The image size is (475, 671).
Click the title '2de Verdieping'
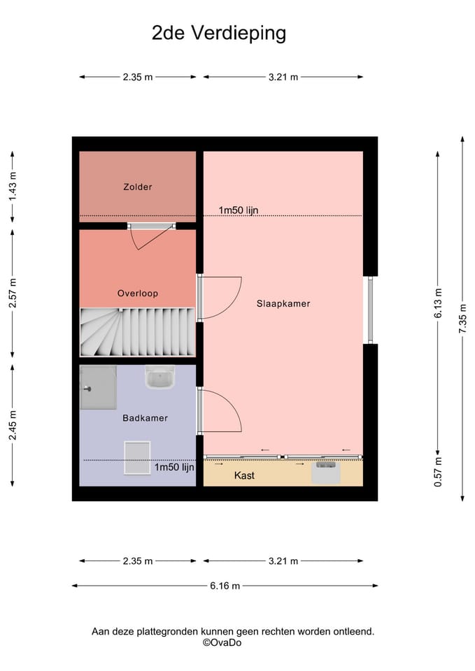pyautogui.click(x=219, y=34)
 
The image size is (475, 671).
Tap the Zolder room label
pyautogui.click(x=138, y=187)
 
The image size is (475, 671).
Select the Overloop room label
pyautogui.click(x=138, y=293)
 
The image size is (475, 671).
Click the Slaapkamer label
pyautogui.click(x=283, y=303)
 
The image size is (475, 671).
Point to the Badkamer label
pyautogui.click(x=146, y=418)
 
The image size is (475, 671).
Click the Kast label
pyautogui.click(x=244, y=475)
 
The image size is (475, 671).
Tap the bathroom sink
pyautogui.click(x=159, y=377)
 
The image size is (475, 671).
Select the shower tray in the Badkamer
pyautogui.click(x=98, y=387)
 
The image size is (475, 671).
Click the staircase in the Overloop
pyautogui.click(x=138, y=331)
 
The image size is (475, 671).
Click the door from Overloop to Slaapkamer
pyautogui.click(x=219, y=298)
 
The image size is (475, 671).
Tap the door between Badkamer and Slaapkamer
pyautogui.click(x=219, y=411)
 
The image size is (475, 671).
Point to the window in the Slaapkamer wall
pyautogui.click(x=371, y=310)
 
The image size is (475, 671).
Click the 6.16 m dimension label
pyautogui.click(x=225, y=586)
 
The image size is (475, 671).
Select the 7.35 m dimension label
pyautogui.click(x=462, y=319)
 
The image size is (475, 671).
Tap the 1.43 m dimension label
pyautogui.click(x=13, y=186)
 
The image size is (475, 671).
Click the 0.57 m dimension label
pyautogui.click(x=438, y=472)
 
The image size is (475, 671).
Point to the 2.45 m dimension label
pyautogui.click(x=13, y=425)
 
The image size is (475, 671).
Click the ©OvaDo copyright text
pyautogui.click(x=222, y=642)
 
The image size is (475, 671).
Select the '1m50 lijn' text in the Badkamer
pyautogui.click(x=174, y=467)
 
